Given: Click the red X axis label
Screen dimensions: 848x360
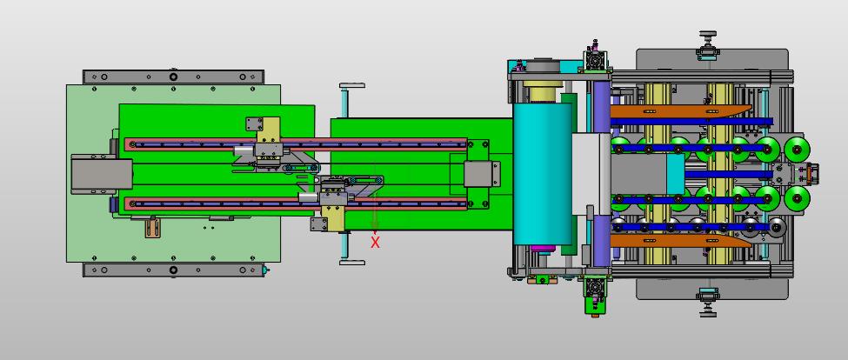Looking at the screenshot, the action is pos(376,242).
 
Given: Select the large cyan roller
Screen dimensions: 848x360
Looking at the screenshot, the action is pos(543,173).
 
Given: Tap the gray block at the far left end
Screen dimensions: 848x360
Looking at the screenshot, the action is pos(102,174).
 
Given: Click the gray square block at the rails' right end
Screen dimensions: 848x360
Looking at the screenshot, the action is pos(481,174).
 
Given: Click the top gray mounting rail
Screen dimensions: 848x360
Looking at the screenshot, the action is pos(173,77).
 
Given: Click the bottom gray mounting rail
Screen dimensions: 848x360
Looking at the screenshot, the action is pos(173,270).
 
